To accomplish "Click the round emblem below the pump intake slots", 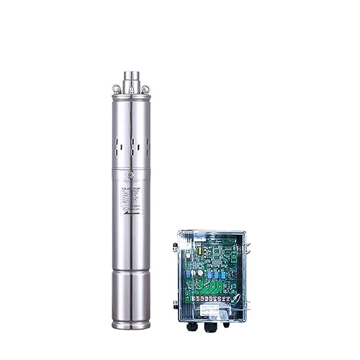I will click(130, 175).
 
